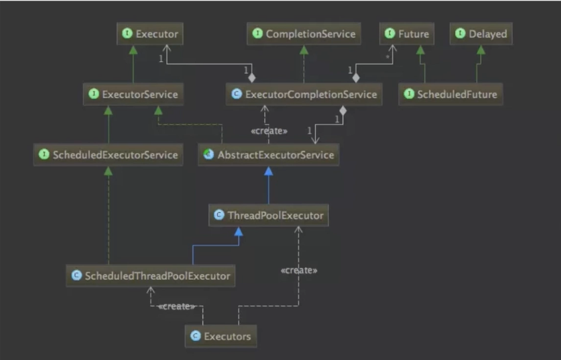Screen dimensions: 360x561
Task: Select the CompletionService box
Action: pyautogui.click(x=303, y=34)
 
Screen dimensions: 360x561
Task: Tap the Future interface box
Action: pyautogui.click(x=406, y=34)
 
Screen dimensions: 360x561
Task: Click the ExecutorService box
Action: pyautogui.click(x=133, y=94)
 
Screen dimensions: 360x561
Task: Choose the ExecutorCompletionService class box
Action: pyautogui.click(x=303, y=94)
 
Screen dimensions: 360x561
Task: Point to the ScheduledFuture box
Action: pyautogui.click(x=450, y=94)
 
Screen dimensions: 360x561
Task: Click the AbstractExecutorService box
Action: pyautogui.click(x=268, y=155)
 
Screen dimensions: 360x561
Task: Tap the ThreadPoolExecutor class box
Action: pyautogui.click(x=268, y=215)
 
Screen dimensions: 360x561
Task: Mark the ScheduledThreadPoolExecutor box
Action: pyautogui.click(x=150, y=276)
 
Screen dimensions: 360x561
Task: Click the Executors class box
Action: pyautogui.click(x=221, y=336)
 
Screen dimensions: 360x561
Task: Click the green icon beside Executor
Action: pyautogui.click(x=127, y=34)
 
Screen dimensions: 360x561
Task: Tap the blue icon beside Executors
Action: pyautogui.click(x=195, y=336)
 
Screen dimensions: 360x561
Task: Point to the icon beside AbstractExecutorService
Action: pyautogui.click(x=208, y=155)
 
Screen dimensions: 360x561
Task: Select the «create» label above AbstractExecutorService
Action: pyautogui.click(x=269, y=131)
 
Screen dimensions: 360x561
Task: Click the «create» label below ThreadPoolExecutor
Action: pyautogui.click(x=299, y=270)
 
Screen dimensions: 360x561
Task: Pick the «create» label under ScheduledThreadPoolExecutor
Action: pyautogui.click(x=177, y=306)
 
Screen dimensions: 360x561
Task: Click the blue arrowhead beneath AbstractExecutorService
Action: pyautogui.click(x=268, y=171)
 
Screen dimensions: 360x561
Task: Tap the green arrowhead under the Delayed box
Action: pyautogui.click(x=481, y=50)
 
